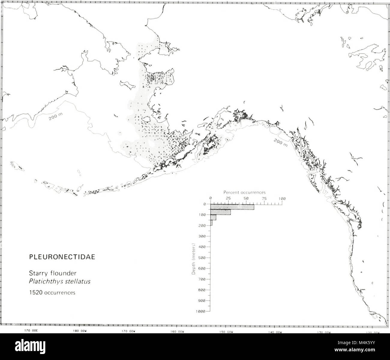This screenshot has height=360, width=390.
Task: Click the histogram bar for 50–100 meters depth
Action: pos(220,212)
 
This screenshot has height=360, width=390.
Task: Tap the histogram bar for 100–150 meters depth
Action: pos(213,217)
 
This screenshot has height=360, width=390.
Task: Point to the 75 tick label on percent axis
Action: pos(264,198)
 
